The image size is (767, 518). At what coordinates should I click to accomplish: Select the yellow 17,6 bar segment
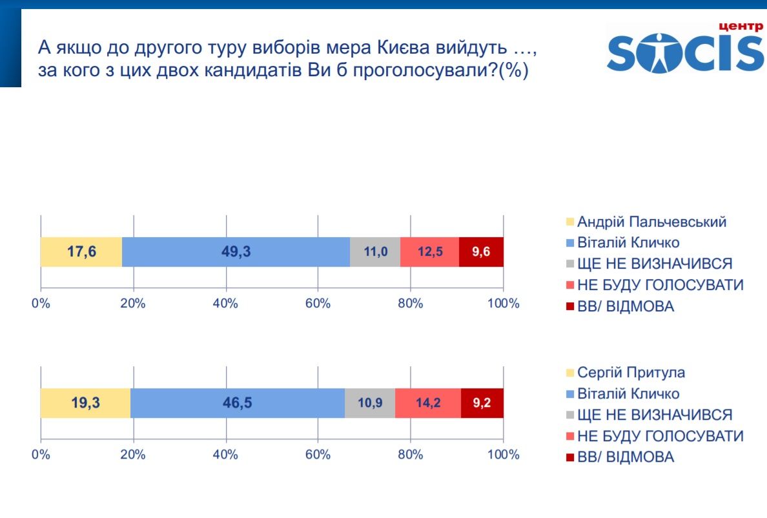(x=81, y=252)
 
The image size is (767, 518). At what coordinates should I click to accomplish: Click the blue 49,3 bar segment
(x=236, y=252)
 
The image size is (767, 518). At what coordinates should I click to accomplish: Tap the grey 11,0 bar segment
(x=375, y=252)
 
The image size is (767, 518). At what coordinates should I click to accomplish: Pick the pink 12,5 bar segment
(x=429, y=252)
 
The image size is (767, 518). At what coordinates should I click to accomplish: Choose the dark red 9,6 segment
(x=481, y=252)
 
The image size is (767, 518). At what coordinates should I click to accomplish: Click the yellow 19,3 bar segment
(x=85, y=403)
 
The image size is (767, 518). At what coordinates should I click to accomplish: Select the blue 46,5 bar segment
(x=237, y=403)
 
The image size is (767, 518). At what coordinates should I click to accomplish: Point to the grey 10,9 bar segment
(x=369, y=403)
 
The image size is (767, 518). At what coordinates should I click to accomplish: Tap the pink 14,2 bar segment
(x=427, y=403)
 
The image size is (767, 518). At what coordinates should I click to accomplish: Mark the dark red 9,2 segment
(x=482, y=403)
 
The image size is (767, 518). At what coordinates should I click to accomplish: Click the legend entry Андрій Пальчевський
(x=651, y=222)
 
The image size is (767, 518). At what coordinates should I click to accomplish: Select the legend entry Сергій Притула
(x=631, y=373)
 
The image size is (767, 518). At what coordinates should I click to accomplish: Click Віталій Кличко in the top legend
(x=628, y=243)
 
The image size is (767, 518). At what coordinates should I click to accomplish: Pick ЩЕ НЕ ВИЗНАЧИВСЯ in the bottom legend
(x=655, y=415)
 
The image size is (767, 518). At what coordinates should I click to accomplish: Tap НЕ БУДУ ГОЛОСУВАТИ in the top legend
(x=660, y=285)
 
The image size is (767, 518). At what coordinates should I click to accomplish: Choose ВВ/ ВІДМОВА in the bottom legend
(x=625, y=457)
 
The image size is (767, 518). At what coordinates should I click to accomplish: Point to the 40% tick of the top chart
(x=226, y=304)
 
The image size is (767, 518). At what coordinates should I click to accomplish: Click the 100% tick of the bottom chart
(x=504, y=454)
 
